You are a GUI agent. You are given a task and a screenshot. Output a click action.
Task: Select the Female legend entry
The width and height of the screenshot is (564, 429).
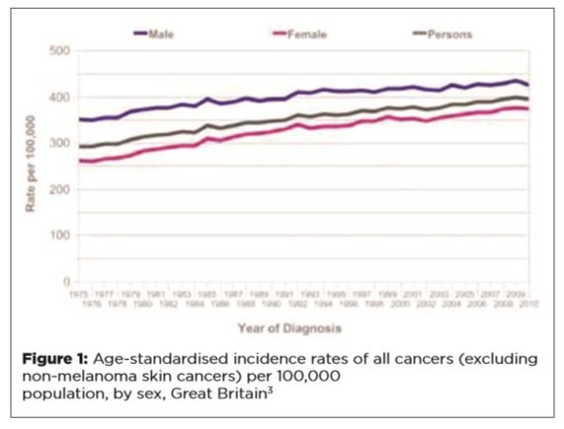[304, 34]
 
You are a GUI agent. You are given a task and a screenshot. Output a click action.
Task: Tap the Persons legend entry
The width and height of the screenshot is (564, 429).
[448, 34]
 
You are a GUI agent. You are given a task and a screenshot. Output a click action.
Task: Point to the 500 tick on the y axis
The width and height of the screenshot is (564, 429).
[59, 50]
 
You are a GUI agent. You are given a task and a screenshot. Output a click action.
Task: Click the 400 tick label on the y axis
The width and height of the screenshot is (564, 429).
[59, 97]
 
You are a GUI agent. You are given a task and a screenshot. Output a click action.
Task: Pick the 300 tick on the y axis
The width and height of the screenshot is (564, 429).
[59, 143]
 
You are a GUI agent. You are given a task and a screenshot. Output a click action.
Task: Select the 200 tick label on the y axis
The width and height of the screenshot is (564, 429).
[59, 189]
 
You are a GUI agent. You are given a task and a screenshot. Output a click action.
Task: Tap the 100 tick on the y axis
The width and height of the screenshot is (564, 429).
[59, 236]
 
